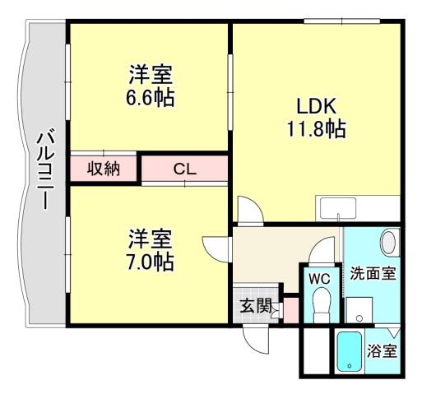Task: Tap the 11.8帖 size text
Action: (317, 129)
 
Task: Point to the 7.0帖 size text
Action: (150, 262)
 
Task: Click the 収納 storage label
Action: (104, 169)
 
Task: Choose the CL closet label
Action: (184, 169)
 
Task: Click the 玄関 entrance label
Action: (254, 306)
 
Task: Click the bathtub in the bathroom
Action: (350, 351)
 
